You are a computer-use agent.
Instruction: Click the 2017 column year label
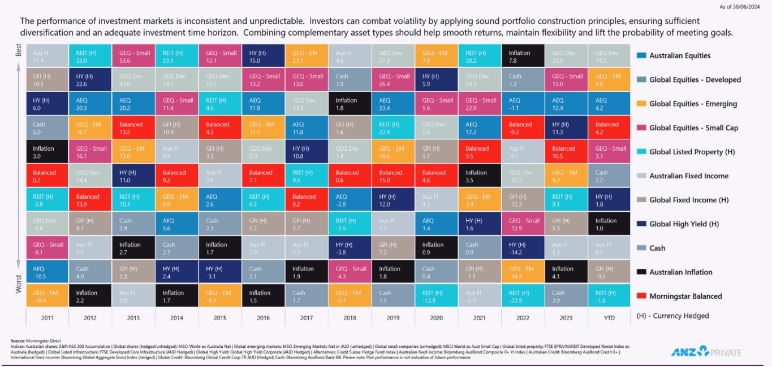307,318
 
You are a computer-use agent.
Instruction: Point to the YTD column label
609,318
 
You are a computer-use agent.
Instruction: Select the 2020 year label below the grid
437,318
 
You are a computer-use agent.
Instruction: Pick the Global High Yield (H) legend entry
684,224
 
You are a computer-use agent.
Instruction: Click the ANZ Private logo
706,352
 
